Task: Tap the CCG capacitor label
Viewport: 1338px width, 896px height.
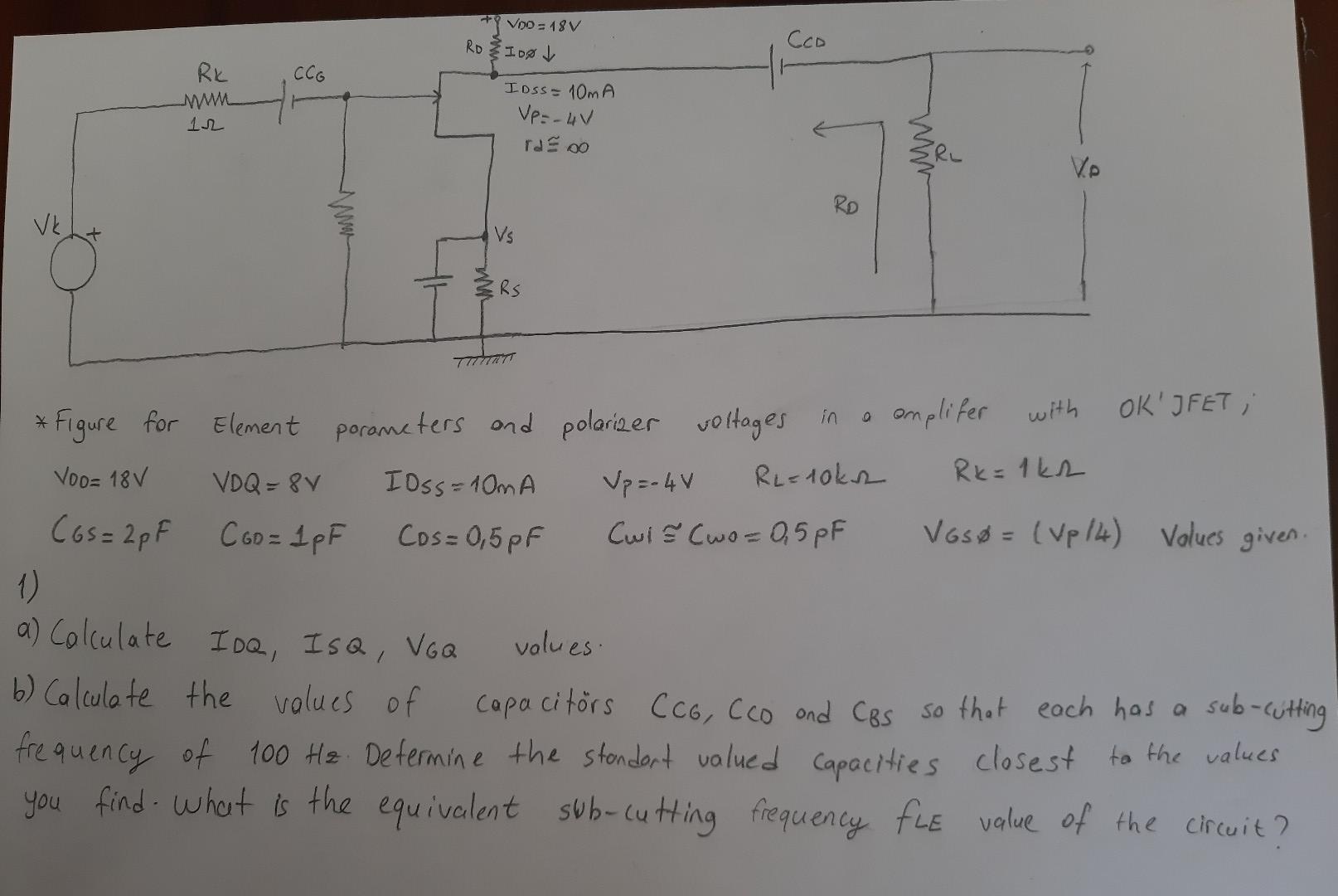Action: [x=309, y=75]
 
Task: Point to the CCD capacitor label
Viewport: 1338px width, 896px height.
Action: [x=807, y=39]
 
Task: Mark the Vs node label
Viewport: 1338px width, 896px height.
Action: [x=504, y=236]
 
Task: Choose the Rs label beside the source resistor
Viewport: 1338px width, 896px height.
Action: [x=509, y=290]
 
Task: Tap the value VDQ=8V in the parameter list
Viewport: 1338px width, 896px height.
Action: [x=268, y=481]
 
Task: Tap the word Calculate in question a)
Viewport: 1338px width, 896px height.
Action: [x=109, y=638]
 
